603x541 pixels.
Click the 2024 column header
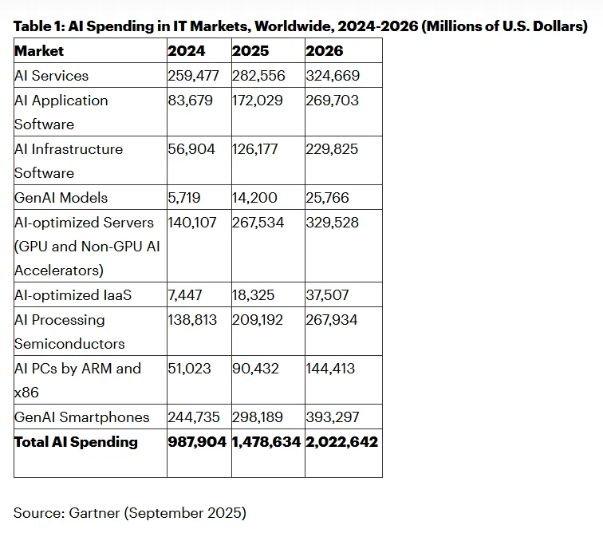coord(187,51)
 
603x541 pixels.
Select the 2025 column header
coord(250,51)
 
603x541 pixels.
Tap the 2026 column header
coord(324,51)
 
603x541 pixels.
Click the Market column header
coord(39,51)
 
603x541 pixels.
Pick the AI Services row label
coord(51,76)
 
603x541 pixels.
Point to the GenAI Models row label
coord(61,197)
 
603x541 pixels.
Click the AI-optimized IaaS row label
coord(73,295)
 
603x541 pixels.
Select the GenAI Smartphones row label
coord(81,417)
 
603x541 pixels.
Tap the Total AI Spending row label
coord(76,442)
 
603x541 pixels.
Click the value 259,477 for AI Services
coord(193,76)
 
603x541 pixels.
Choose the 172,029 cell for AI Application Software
coord(257,100)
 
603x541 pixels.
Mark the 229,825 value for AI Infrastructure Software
coord(332,149)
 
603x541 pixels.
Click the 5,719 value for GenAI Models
coord(183,197)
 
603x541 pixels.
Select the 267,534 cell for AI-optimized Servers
coord(258,222)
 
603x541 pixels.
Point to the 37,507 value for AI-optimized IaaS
coord(327,295)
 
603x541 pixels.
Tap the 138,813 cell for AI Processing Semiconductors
coord(192,320)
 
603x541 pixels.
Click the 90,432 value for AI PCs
coord(255,368)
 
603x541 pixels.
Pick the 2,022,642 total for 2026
coord(341,442)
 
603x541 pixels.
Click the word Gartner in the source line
coord(94,513)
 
